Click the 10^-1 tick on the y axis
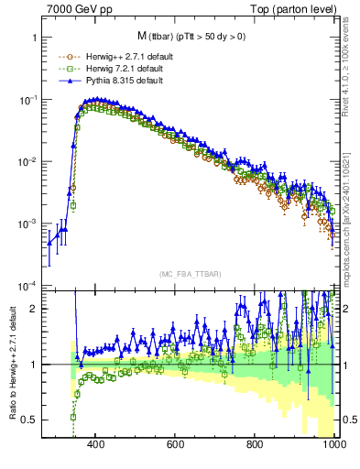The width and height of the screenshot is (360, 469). (26, 100)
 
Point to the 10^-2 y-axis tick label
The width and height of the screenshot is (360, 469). (26, 162)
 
